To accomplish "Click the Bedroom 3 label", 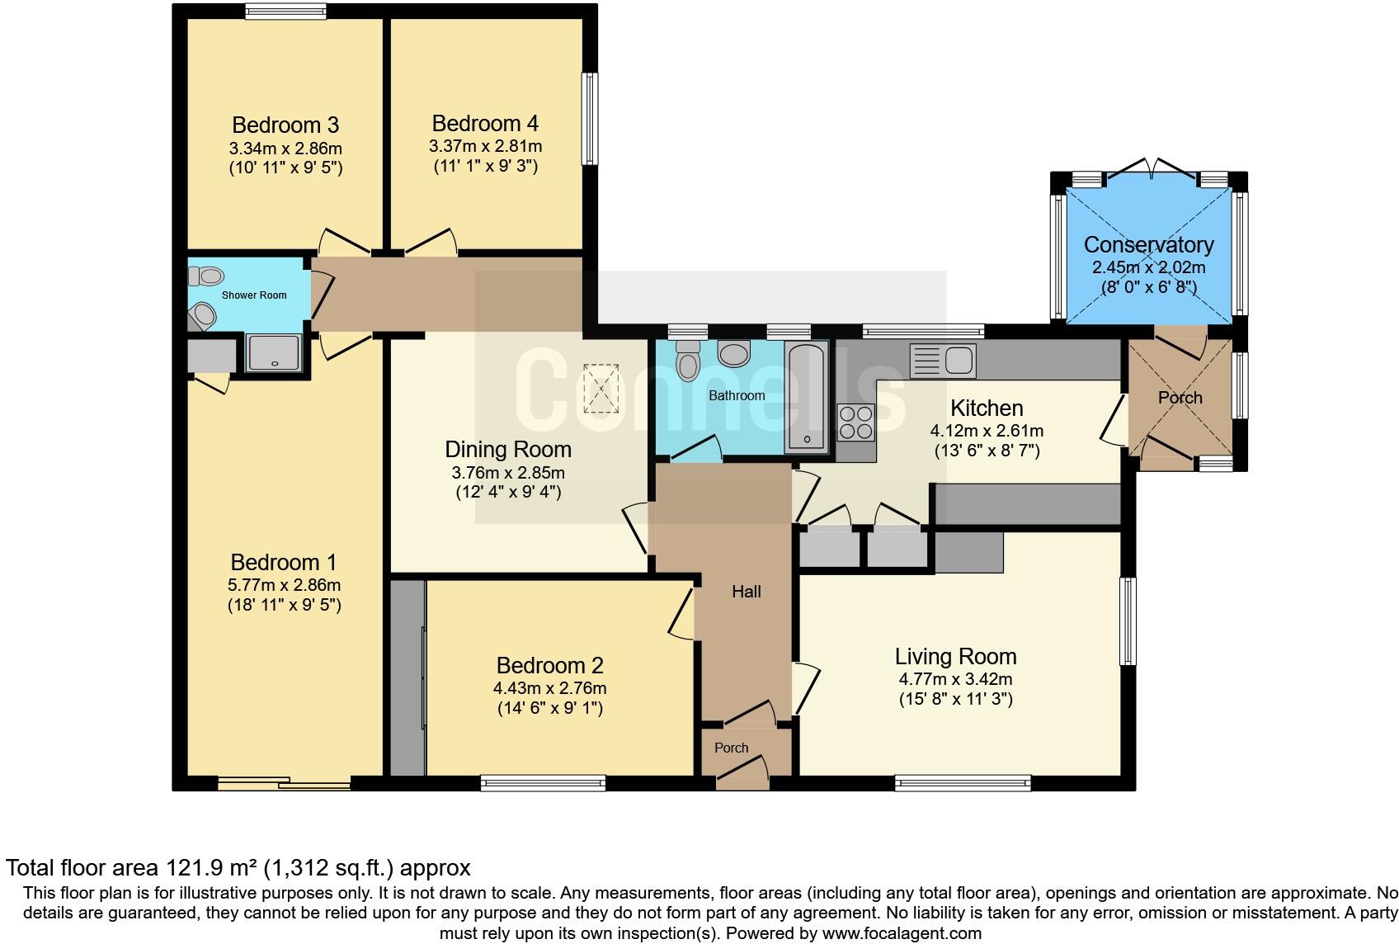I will (x=285, y=125).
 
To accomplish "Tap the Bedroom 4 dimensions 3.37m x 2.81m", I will (x=485, y=146).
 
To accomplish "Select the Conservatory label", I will (x=1148, y=244).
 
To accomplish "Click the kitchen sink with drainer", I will (x=943, y=361).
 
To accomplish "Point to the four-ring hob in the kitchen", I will (x=856, y=422).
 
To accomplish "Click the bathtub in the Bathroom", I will (x=805, y=399).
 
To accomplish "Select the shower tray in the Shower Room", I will (x=275, y=353).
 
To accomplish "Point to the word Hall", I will (x=747, y=592).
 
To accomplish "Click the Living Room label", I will (x=955, y=657).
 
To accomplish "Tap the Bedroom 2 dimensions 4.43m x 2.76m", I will (x=549, y=688).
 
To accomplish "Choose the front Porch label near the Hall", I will (x=731, y=748).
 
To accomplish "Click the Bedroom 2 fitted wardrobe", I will (x=406, y=677).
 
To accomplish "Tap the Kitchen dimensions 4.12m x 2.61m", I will (x=987, y=431).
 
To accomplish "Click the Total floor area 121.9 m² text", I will (x=238, y=867).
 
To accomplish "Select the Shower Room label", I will (x=254, y=295).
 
